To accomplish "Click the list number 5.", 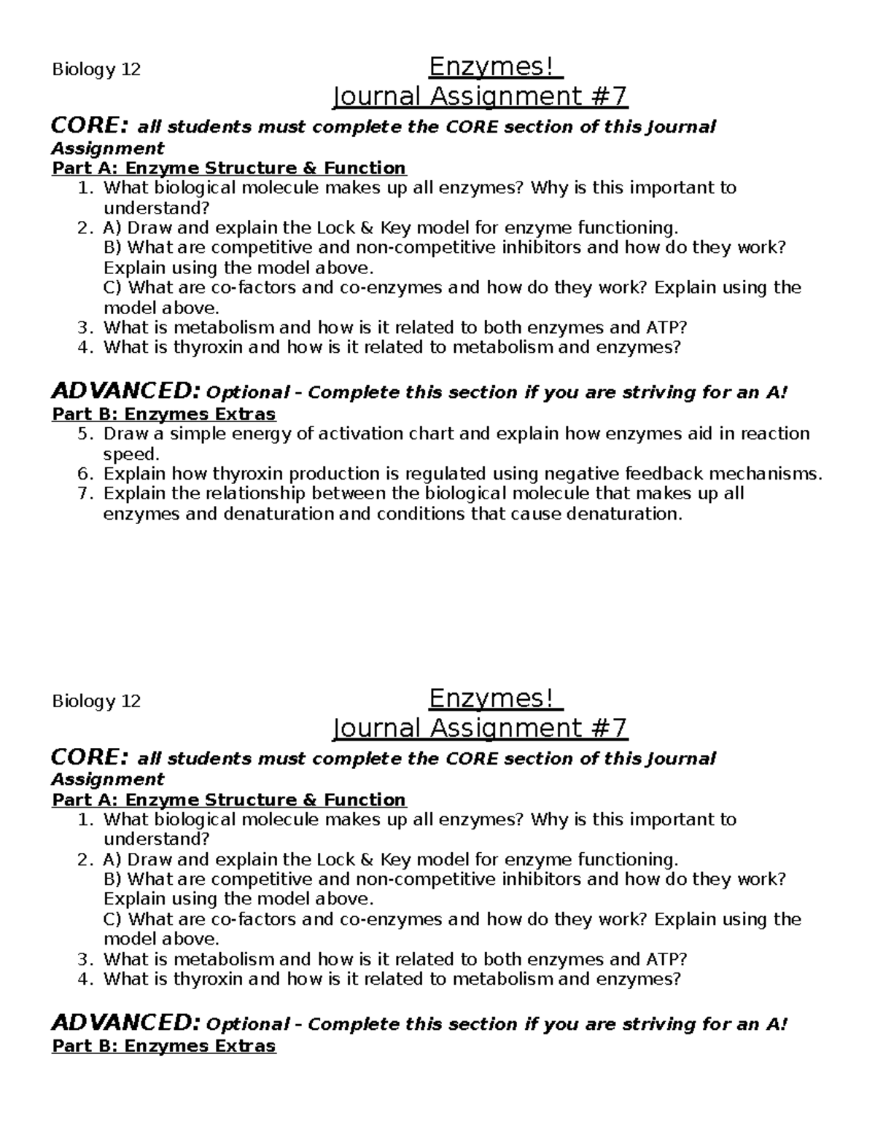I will pos(85,434).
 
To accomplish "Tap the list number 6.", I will pos(85,474).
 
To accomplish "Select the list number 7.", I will pos(85,493).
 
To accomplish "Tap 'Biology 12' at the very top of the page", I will pos(96,70).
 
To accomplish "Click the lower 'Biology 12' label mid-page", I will pos(96,702).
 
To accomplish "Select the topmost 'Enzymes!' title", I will pos(495,67).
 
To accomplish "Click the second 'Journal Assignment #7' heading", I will pos(479,727).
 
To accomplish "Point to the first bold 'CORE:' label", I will pos(90,126).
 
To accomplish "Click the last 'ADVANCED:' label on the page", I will pos(125,1023).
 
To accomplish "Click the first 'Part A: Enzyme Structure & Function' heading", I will pos(228,168).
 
